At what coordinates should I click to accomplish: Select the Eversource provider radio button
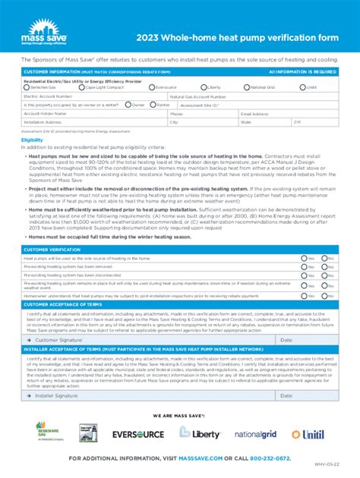pyautogui.click(x=150, y=87)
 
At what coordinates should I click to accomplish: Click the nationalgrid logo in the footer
pyautogui.click(x=256, y=434)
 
